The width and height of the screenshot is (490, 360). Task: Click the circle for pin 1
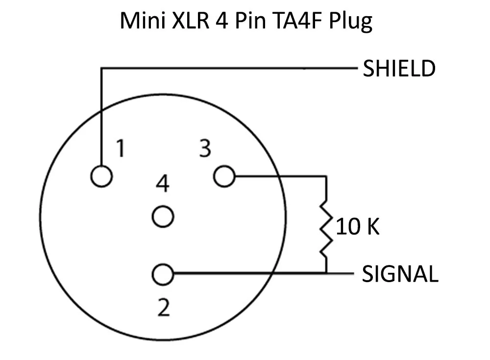[102, 176]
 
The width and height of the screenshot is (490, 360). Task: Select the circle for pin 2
[163, 274]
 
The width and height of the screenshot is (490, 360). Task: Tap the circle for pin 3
[225, 176]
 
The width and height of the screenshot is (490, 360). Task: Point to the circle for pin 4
[163, 216]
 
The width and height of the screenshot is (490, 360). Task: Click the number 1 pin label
[120, 148]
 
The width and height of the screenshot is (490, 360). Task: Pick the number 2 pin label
[164, 308]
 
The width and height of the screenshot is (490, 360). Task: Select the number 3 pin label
[205, 148]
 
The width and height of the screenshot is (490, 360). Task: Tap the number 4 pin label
[163, 185]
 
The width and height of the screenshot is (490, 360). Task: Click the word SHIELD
[398, 69]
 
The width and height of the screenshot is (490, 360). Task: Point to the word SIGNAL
[399, 274]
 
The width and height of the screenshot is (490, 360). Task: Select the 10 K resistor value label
[358, 228]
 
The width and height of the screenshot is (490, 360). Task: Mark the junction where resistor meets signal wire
[326, 273]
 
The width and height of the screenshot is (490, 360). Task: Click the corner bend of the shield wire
[102, 69]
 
